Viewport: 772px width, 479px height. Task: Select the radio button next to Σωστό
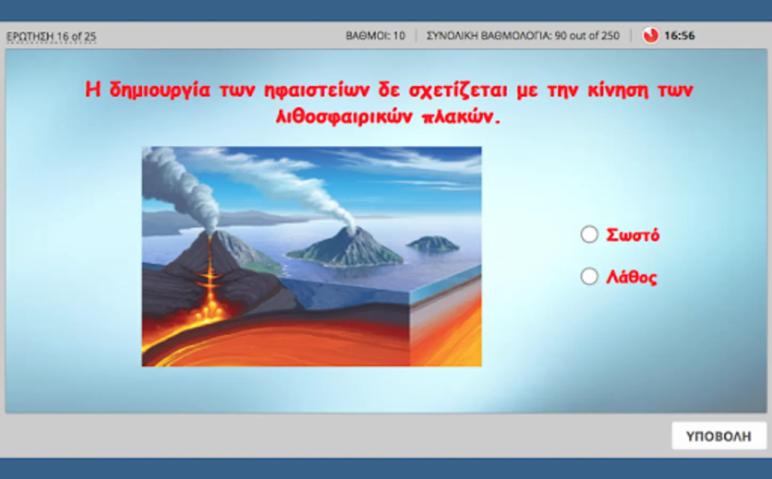pos(589,235)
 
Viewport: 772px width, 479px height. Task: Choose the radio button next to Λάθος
pos(589,277)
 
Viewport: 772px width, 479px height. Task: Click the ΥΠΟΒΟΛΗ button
pos(719,436)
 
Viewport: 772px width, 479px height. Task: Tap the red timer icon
pos(651,36)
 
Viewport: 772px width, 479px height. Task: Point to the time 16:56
pos(679,36)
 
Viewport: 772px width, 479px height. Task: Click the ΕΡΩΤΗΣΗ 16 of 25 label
pos(51,37)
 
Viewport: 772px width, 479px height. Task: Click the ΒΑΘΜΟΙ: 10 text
pos(375,36)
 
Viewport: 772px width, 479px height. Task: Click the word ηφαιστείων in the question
pos(316,90)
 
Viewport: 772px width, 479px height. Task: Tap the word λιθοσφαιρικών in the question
pos(344,117)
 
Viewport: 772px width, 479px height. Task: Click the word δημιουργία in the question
pos(160,90)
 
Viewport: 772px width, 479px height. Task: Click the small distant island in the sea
pos(433,243)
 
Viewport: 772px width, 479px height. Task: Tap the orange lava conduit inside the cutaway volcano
pos(209,276)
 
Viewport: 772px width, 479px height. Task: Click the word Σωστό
pos(632,235)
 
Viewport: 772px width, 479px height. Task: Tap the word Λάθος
pos(631,277)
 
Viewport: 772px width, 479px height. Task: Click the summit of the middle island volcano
pos(351,229)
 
